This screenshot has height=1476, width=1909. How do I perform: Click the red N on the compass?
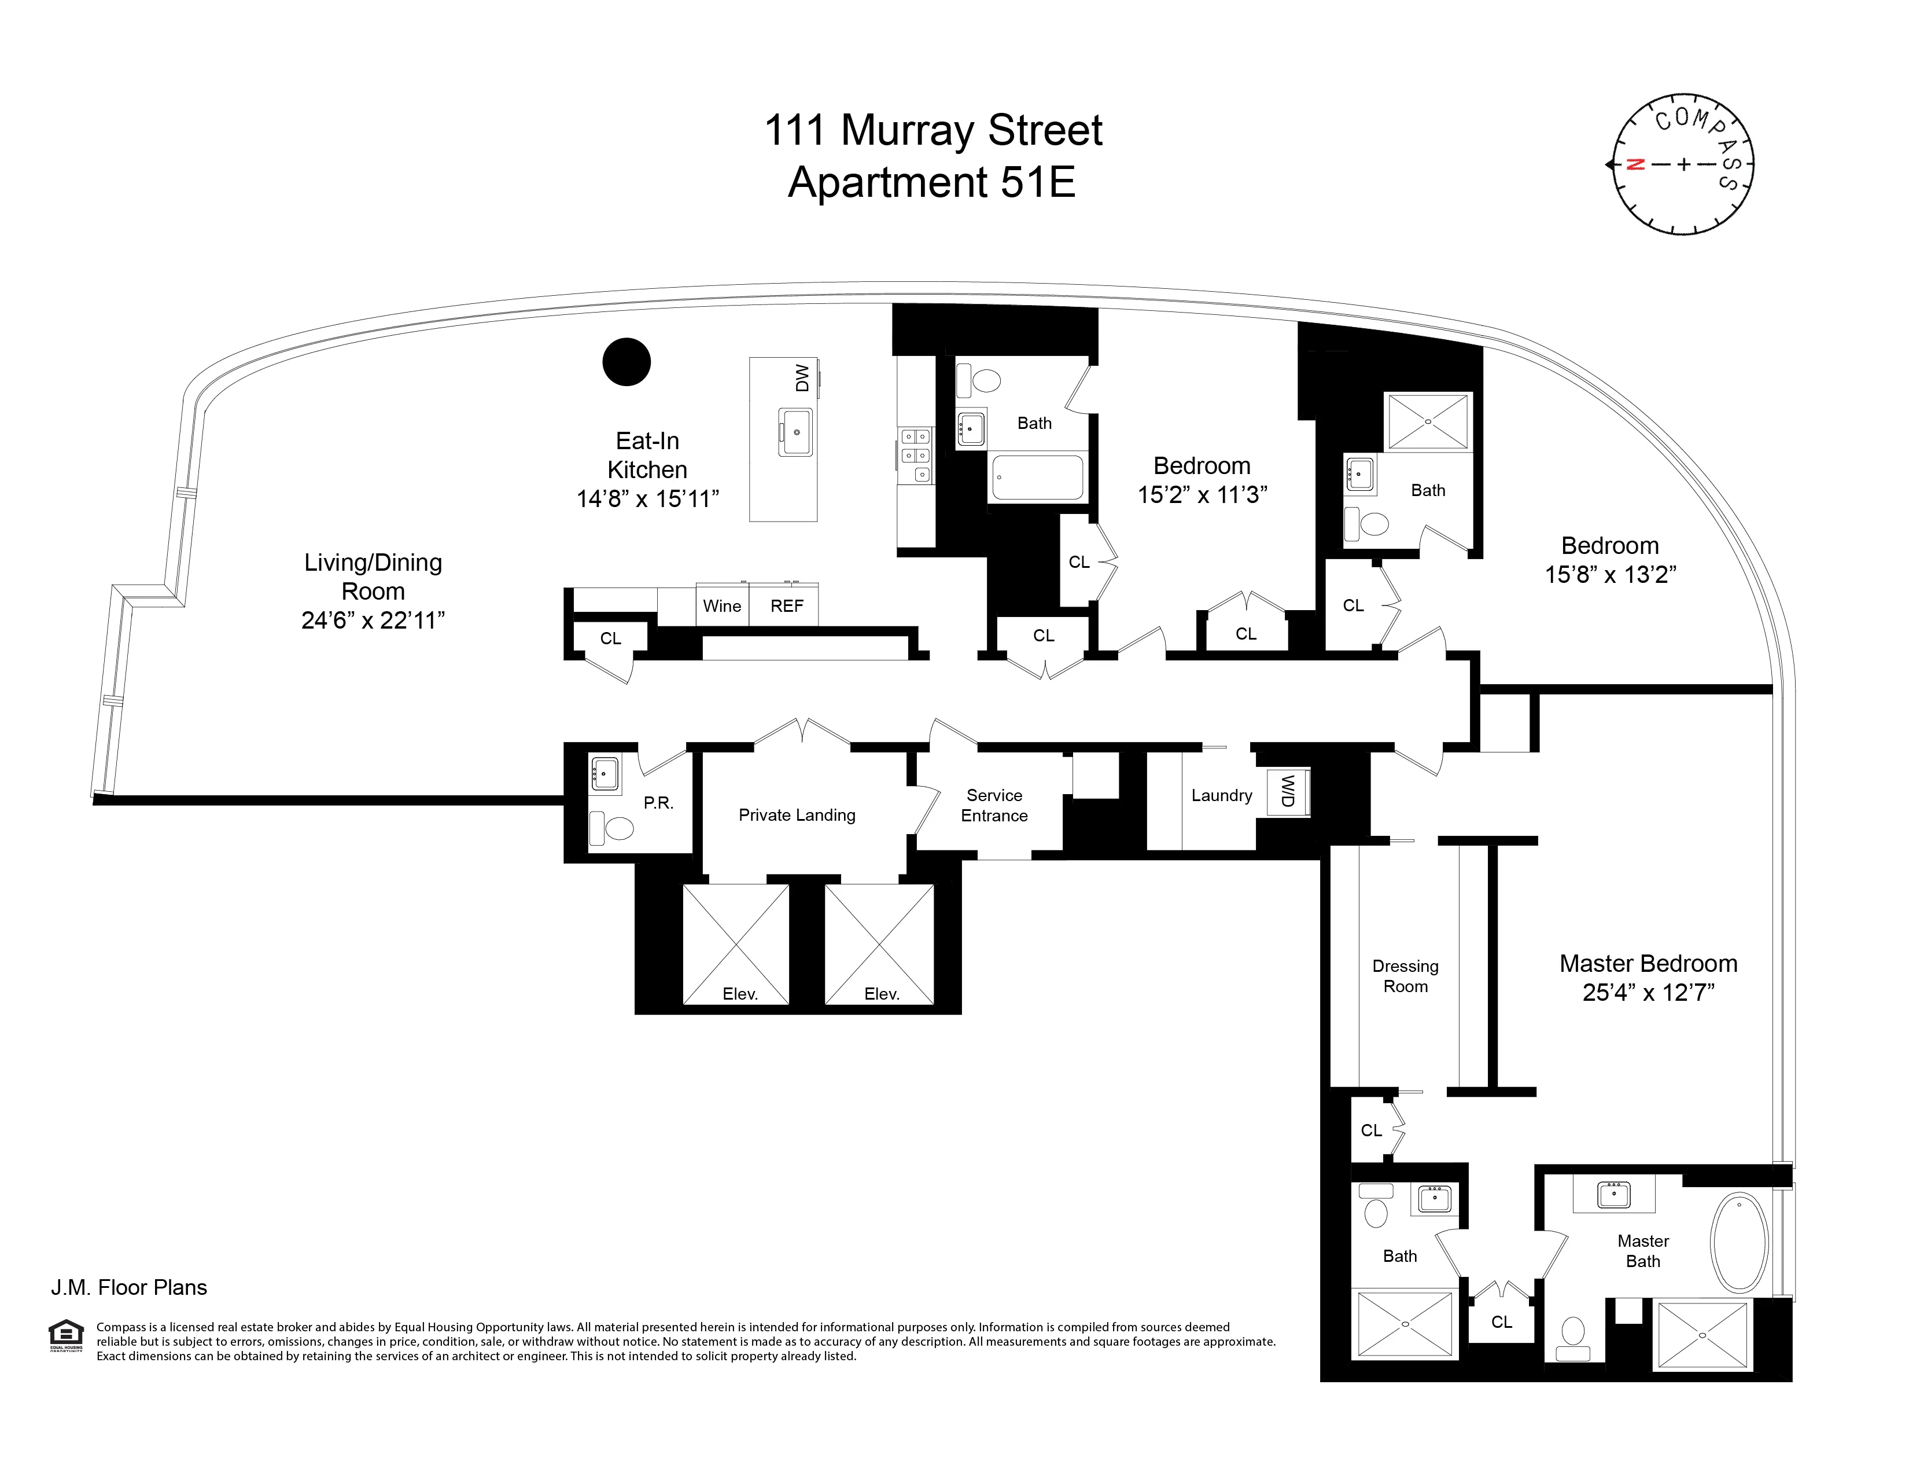point(1635,164)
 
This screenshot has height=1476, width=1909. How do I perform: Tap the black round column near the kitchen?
point(626,362)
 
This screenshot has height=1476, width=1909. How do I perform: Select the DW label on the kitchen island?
point(802,378)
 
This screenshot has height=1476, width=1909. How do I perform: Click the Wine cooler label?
point(722,606)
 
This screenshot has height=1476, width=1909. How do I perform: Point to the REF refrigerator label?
point(787,606)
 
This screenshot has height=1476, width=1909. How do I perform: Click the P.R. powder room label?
point(658,803)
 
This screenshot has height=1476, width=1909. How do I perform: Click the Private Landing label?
point(797,815)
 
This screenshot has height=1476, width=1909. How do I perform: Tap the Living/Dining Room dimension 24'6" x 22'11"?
point(373,621)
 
